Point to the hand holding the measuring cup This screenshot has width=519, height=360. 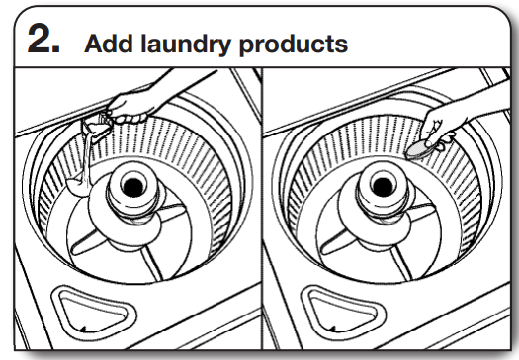click(x=127, y=102)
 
